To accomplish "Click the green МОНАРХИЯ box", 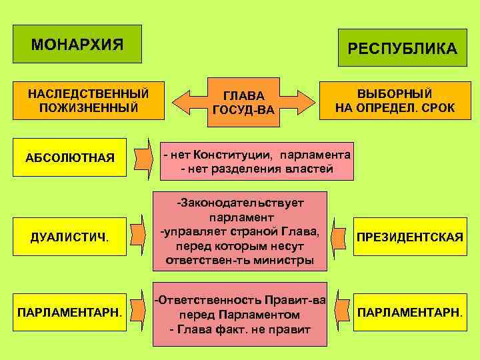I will coord(77,44).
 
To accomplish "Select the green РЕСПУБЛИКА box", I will coord(402,48).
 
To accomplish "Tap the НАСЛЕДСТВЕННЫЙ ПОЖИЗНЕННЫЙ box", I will coord(88,100).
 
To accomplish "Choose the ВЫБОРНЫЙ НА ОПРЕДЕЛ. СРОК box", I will coord(395,100).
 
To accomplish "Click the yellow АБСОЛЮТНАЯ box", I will coord(70,157).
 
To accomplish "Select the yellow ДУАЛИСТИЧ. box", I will coord(70,237).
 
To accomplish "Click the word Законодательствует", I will coord(240,202).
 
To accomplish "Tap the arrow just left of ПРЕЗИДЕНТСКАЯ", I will coord(340,235).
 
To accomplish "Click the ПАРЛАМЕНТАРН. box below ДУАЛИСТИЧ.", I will coord(70,311).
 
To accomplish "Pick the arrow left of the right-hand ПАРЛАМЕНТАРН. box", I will coord(342,311).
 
